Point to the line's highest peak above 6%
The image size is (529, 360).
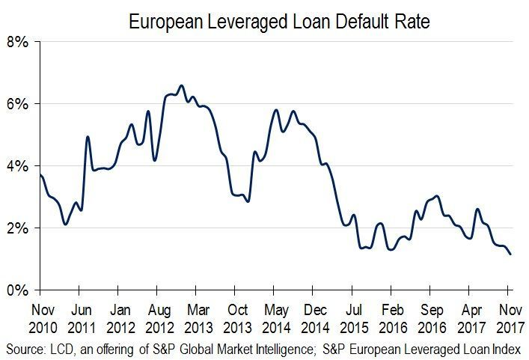click(x=181, y=85)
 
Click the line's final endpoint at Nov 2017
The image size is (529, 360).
click(x=511, y=254)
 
